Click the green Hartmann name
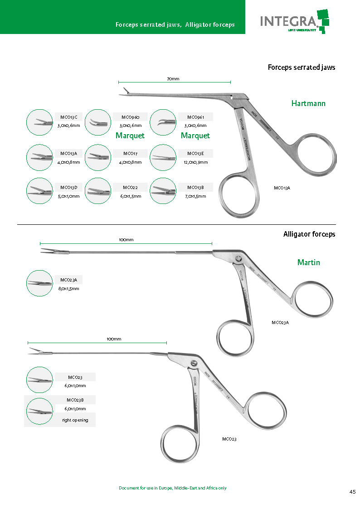point(308,103)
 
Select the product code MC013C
point(69,117)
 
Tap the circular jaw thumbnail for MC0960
point(98,122)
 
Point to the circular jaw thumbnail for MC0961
point(163,122)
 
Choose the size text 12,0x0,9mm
point(195,162)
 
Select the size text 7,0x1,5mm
point(195,196)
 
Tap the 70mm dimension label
point(173,79)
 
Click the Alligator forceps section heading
point(309,234)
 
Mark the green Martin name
point(309,262)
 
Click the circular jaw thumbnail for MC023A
point(40,283)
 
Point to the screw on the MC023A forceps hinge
point(238,259)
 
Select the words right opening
point(75,420)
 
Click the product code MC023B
point(75,400)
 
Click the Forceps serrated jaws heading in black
point(302,68)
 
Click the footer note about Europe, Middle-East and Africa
point(172,488)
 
